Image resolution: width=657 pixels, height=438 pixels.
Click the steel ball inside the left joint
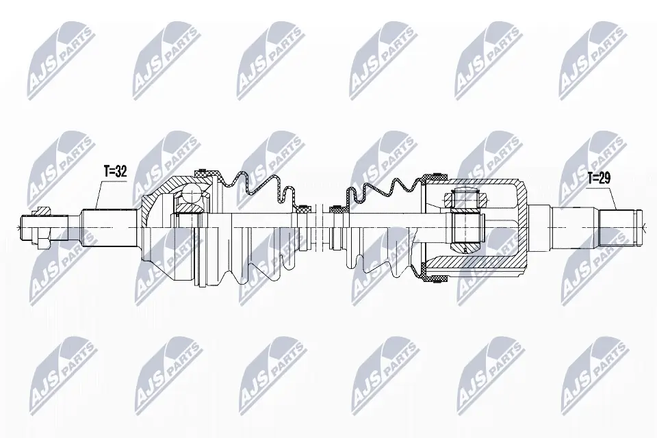190,201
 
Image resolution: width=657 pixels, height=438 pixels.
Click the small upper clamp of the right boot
335,207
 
